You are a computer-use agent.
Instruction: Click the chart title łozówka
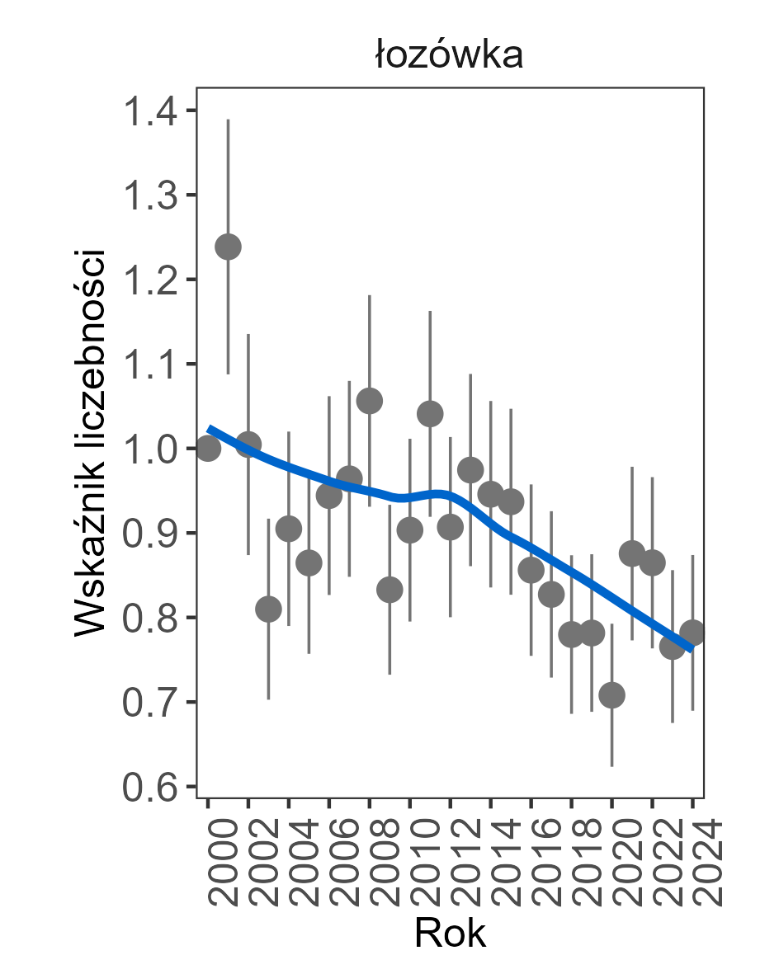(x=449, y=56)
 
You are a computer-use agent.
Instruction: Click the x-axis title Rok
(x=450, y=934)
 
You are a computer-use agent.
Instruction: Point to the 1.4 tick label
(x=149, y=111)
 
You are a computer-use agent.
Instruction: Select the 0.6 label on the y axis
(x=149, y=787)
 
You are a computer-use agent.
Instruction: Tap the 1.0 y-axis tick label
(x=149, y=449)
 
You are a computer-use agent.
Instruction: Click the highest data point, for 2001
(x=228, y=246)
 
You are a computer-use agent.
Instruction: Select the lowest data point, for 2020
(x=611, y=694)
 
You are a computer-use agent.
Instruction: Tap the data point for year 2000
(x=208, y=448)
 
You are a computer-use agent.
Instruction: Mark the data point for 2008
(x=369, y=401)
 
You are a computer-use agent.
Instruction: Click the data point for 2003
(x=268, y=609)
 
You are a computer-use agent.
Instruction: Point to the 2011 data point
(x=430, y=413)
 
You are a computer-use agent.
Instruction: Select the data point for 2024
(x=692, y=633)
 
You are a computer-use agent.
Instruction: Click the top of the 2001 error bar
(x=228, y=120)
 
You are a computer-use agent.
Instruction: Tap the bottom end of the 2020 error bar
(x=611, y=765)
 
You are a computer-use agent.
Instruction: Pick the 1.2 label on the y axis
(x=149, y=280)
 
